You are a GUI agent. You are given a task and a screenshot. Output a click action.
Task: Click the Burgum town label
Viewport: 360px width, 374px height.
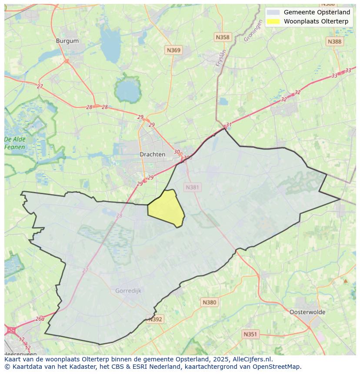point(67,41)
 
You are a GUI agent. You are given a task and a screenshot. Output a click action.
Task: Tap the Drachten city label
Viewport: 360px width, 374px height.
point(152,154)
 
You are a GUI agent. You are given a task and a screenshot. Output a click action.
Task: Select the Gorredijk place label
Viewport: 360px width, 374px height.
point(128,291)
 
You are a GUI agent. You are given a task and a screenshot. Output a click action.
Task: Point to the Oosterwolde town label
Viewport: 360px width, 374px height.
point(307,312)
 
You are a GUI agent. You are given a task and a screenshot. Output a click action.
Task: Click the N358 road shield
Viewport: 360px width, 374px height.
point(222,37)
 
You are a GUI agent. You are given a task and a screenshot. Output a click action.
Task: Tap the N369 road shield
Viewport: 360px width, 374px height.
point(173,50)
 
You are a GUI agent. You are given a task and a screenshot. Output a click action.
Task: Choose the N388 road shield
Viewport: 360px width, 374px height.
point(334,41)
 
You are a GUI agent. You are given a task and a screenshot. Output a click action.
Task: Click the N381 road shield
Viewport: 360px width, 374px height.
point(192,187)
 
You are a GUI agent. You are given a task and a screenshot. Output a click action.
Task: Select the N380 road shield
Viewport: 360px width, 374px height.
point(209,302)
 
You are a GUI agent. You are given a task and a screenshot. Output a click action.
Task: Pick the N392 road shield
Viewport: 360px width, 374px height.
point(155,319)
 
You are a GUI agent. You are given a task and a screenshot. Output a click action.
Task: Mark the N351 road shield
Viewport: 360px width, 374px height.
point(250,334)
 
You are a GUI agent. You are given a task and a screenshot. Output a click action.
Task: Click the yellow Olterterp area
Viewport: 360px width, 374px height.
point(166,208)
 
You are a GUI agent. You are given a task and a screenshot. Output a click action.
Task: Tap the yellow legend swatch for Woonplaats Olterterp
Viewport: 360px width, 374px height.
point(273,21)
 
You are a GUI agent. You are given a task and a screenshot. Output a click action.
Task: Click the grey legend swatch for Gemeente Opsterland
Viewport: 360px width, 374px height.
point(273,13)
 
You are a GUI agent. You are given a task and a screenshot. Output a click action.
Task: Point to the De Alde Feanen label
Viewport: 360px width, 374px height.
point(15,143)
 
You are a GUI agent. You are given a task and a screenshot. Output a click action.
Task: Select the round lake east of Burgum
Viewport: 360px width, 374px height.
point(127,90)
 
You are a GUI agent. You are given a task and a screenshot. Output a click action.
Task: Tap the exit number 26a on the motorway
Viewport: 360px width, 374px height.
point(40,318)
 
